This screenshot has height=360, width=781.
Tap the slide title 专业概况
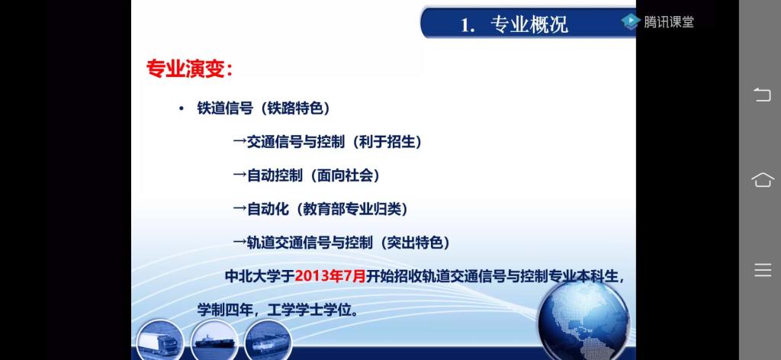pos(529,24)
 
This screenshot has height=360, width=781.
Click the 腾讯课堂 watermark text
pos(668,22)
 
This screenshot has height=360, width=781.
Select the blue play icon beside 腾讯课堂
pos(630,21)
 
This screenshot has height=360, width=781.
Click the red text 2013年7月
pos(331,276)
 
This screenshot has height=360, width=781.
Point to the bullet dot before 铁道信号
pos(182,109)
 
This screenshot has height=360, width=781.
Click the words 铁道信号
pos(225,109)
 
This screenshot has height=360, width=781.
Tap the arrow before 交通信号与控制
pos(239,143)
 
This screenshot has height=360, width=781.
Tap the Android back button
pos(762,94)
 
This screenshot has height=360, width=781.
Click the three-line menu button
pos(763,270)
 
